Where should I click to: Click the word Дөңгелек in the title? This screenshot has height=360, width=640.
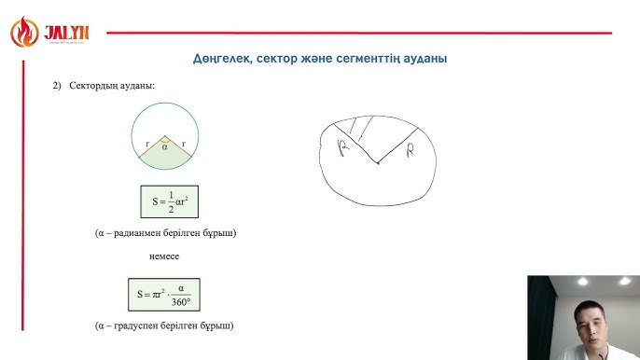pos(221,59)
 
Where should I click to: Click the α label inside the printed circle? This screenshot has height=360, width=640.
pos(165,146)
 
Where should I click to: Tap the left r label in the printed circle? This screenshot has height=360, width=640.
pos(147,144)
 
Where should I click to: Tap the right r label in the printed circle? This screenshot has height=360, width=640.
pos(183,144)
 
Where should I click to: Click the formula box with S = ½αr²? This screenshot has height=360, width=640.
pos(165,202)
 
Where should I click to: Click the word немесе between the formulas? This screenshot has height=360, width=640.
pos(163,256)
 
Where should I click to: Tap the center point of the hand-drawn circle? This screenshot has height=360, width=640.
pos(377,164)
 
